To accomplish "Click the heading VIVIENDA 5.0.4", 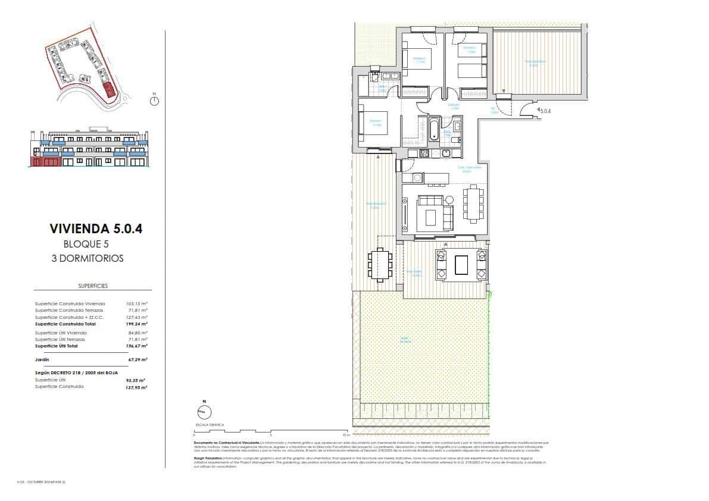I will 96,228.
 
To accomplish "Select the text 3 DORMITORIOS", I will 87,258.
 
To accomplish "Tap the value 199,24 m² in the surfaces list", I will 137,324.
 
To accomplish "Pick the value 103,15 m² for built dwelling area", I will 137,303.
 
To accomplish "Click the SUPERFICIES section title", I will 93,286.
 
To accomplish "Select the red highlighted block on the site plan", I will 108,90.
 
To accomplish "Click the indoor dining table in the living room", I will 473,204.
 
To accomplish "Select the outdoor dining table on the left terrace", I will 380,265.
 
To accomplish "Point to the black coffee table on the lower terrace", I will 461,265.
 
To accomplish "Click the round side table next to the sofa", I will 449,199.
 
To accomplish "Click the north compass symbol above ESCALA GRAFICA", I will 204,412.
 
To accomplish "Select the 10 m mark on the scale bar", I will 346,434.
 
